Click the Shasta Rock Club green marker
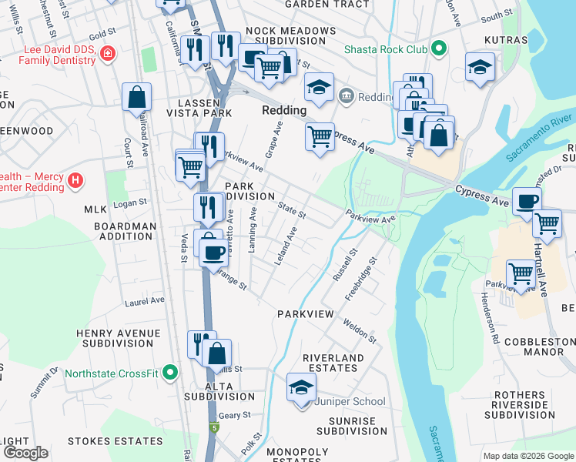(439, 49)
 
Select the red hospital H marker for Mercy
(75, 181)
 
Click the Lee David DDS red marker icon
(108, 54)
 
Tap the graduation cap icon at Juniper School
(301, 387)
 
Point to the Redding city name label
(284, 110)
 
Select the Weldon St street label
(360, 332)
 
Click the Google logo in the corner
(25, 452)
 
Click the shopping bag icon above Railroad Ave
(136, 98)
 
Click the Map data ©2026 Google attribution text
(527, 456)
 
